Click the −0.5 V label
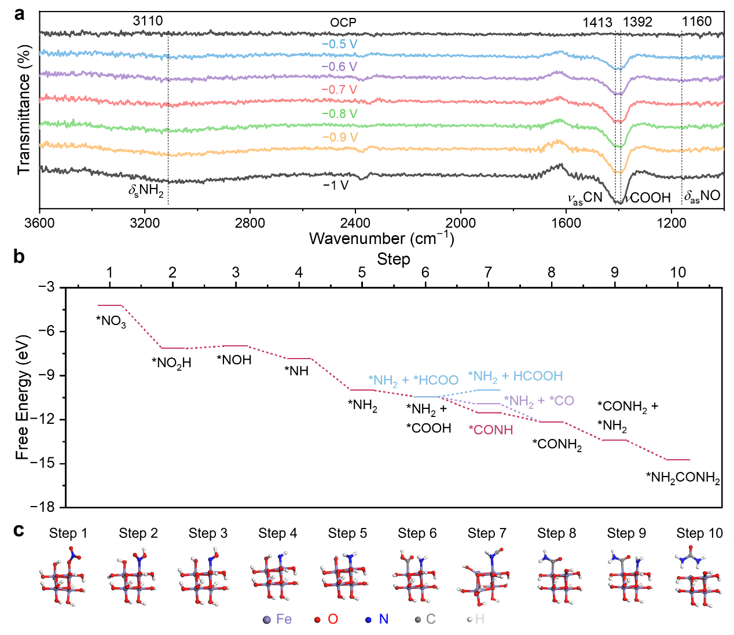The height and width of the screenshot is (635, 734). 339,45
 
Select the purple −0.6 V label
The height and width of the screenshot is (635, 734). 339,67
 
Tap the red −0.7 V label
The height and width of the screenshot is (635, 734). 339,90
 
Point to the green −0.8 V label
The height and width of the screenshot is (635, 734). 339,114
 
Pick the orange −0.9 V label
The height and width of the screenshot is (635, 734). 340,138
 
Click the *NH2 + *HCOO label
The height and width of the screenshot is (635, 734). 413,381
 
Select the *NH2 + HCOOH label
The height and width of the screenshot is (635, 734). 515,376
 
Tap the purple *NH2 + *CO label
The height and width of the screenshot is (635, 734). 539,401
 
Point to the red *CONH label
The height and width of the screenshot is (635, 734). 491,430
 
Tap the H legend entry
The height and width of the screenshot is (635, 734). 475,619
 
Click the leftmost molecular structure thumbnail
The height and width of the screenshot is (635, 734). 64,577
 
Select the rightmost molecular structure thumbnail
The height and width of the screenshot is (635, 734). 699,577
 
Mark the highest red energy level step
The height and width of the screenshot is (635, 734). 110,305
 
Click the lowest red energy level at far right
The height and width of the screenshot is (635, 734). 678,460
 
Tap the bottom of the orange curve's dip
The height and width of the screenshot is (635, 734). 619,172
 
